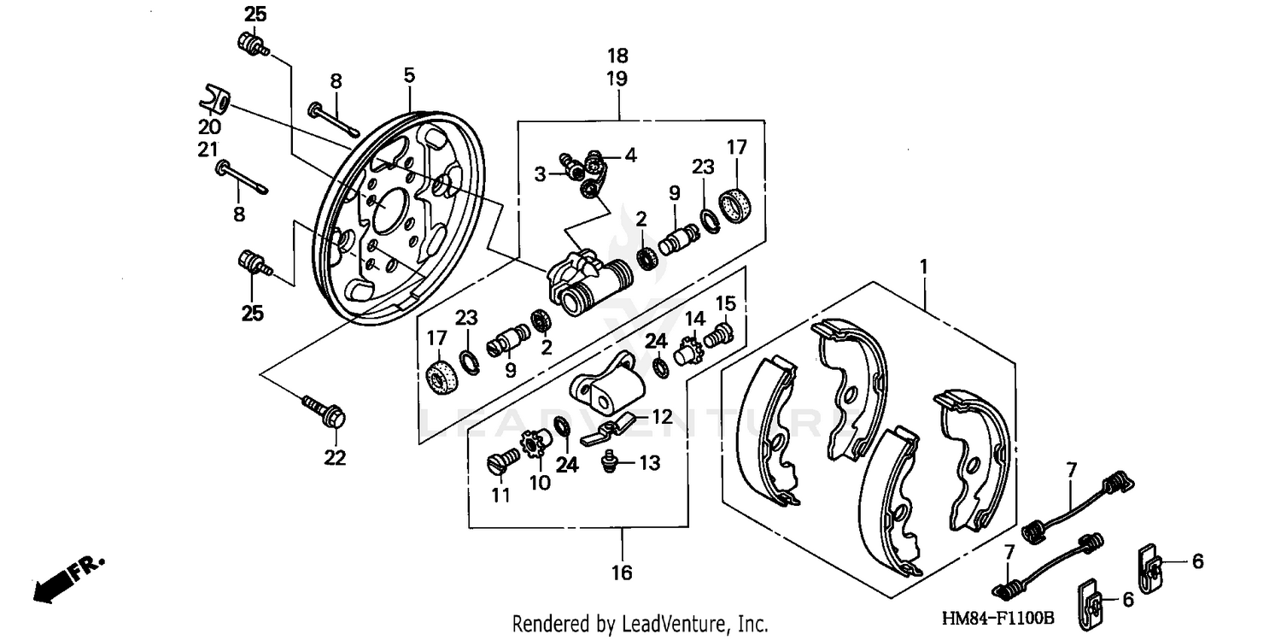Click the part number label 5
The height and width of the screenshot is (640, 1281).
click(409, 75)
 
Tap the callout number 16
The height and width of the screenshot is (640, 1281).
click(622, 572)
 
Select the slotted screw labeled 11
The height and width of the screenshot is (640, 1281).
click(500, 461)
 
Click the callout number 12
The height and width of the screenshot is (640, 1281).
click(663, 418)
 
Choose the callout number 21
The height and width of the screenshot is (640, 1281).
click(208, 150)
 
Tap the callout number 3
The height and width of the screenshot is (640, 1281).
click(540, 174)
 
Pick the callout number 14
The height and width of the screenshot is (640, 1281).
click(695, 320)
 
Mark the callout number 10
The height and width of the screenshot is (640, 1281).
click(540, 483)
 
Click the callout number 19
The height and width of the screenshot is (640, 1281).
click(617, 79)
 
